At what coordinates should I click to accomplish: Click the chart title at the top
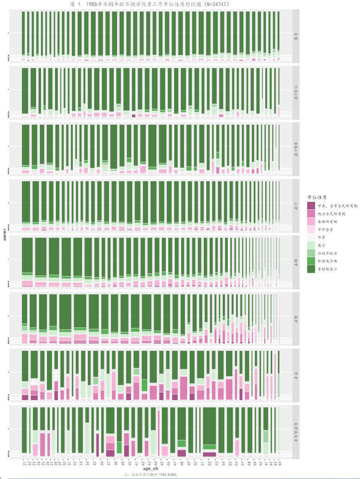click(149, 4)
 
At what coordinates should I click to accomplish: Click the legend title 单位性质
click(317, 196)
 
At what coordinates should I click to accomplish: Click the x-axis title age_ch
click(151, 468)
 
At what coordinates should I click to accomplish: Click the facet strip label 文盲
click(296, 36)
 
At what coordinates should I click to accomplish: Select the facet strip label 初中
click(296, 263)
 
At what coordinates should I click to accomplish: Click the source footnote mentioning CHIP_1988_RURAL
click(151, 475)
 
